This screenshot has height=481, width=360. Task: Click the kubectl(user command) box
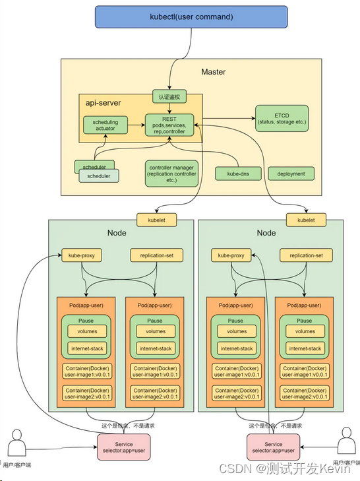[191, 17]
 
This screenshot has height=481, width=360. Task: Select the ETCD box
[282, 118]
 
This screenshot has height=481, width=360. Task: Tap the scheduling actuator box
[105, 125]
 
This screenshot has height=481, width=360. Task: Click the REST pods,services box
[169, 125]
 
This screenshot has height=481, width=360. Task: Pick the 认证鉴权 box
[169, 97]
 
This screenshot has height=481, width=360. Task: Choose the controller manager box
[171, 174]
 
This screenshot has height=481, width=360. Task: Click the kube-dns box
[238, 174]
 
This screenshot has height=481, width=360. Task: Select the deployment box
[291, 174]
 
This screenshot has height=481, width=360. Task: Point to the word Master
[214, 72]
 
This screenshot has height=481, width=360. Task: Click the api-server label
[103, 103]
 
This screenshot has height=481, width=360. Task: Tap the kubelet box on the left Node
[156, 220]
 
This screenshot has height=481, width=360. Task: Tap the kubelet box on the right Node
[306, 220]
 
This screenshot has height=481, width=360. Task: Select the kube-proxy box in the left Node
[82, 255]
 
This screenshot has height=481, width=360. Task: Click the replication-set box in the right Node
[306, 255]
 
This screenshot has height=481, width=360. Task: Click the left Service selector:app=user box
[124, 447]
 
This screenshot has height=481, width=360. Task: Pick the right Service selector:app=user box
[273, 447]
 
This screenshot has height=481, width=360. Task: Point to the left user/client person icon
[16, 443]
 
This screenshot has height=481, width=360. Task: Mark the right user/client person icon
[347, 441]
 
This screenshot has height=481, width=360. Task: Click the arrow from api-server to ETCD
[229, 118]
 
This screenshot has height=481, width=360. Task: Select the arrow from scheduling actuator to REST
[136, 125]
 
